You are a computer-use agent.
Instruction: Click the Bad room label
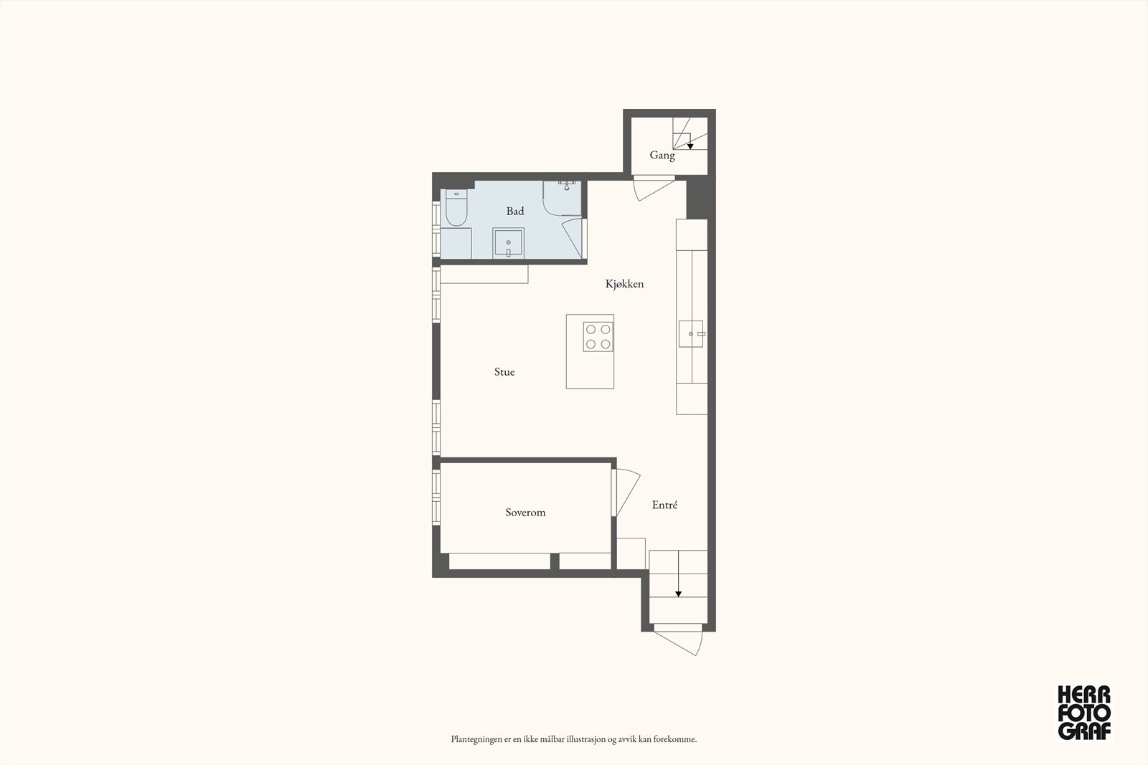[515, 211]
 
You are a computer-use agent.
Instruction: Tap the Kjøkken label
[624, 284]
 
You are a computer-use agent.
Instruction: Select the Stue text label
[504, 372]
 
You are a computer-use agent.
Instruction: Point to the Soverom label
[525, 513]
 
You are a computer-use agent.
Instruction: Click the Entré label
[664, 505]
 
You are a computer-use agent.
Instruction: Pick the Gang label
[662, 155]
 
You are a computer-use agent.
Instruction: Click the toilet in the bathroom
[456, 207]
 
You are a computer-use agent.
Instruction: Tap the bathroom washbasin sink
[508, 244]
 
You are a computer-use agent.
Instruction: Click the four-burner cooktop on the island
[598, 337]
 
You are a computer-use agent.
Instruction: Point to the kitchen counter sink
[692, 334]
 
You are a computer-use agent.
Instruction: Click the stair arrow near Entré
[678, 593]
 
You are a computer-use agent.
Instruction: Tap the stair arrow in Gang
[690, 146]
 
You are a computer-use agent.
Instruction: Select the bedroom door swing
[626, 491]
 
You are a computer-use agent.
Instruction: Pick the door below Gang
[651, 189]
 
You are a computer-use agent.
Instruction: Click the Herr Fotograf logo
[1084, 712]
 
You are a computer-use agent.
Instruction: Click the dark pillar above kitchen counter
[697, 199]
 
